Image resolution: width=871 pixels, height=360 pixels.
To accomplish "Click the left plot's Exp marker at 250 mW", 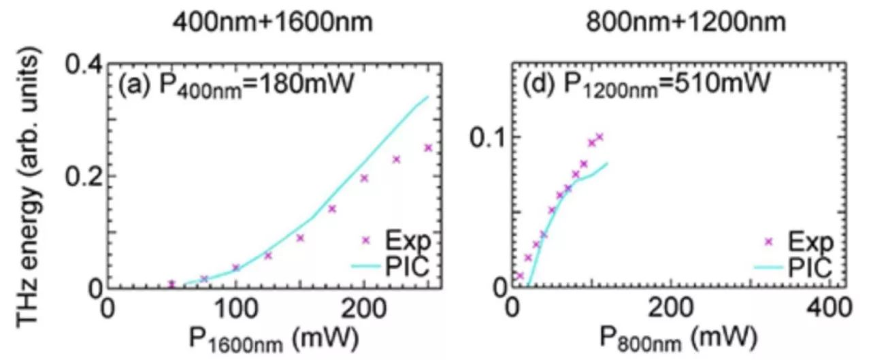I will [428, 148].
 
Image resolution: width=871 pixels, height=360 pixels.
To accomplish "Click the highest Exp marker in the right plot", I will [599, 137].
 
